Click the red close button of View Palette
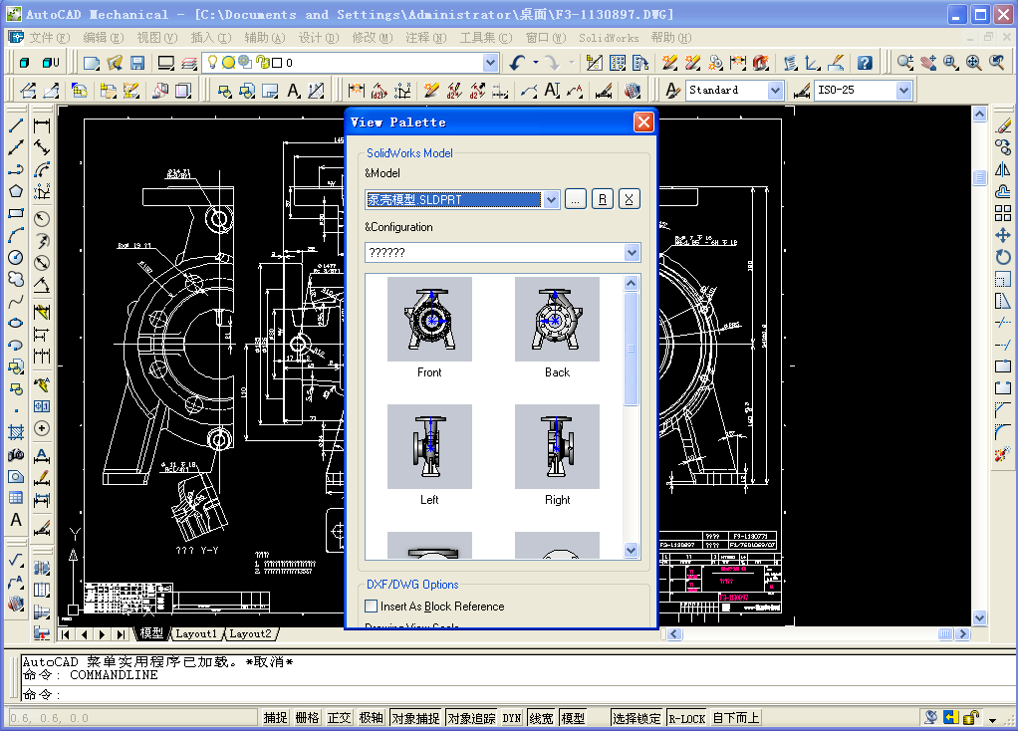643,122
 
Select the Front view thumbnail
429,320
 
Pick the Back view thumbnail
557,320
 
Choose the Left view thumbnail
429,446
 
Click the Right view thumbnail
557,446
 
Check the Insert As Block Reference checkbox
372,606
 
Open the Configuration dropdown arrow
631,253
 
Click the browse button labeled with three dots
576,199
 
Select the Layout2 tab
250,633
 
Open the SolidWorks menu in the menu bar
609,38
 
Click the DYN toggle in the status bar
511,718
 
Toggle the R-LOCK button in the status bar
686,718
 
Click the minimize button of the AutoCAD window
954,14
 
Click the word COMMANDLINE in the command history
114,675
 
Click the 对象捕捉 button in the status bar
415,718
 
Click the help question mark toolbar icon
865,63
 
